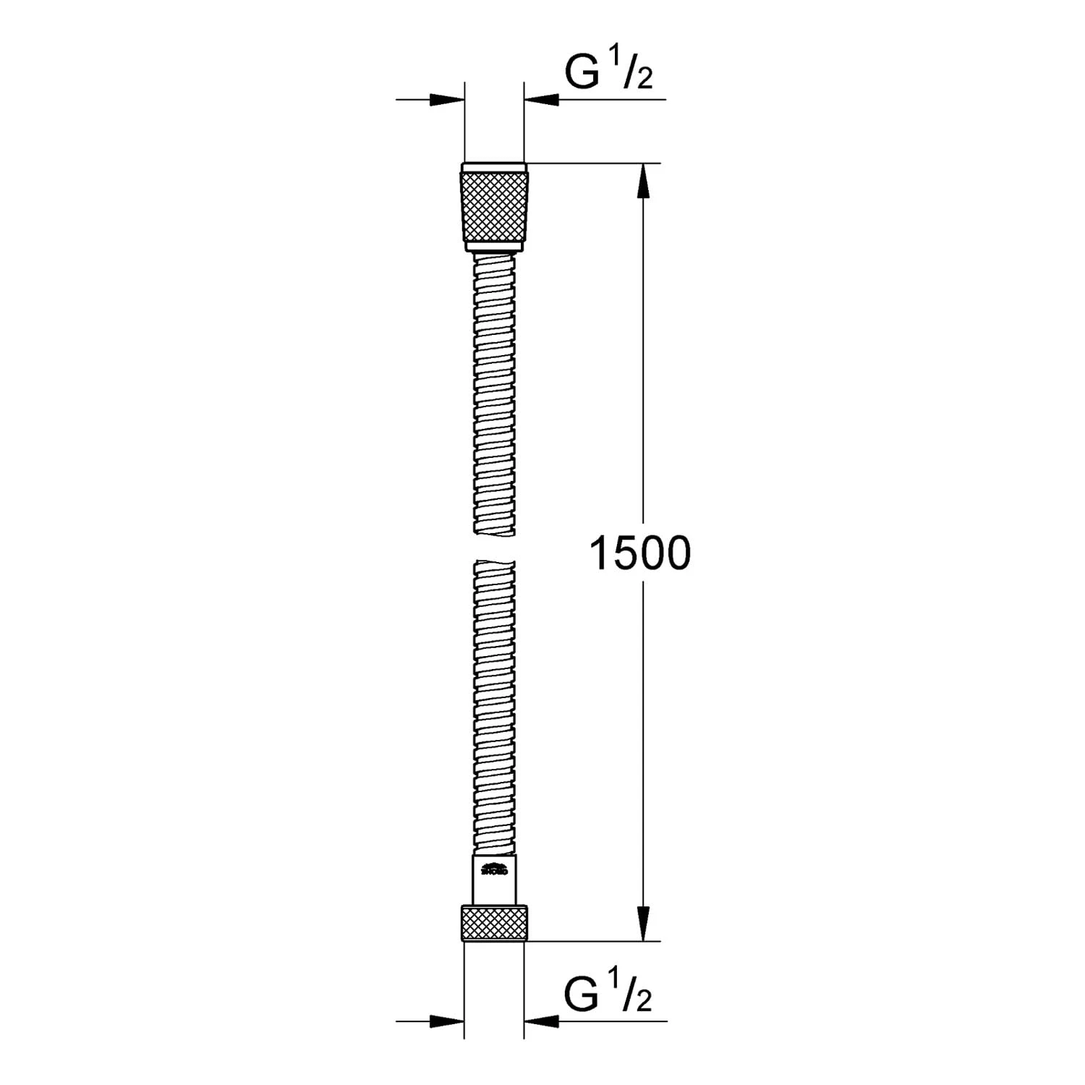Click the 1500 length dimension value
coord(640,553)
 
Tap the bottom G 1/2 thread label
coord(608,995)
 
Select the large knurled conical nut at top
coord(495,206)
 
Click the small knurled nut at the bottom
coord(495,924)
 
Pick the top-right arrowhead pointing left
coord(542,99)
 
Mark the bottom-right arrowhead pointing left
coord(542,1021)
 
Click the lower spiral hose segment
coord(495,705)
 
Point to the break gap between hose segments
coord(495,547)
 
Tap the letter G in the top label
coord(580,73)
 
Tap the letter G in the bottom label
coord(580,995)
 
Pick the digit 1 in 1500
coord(601,553)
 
